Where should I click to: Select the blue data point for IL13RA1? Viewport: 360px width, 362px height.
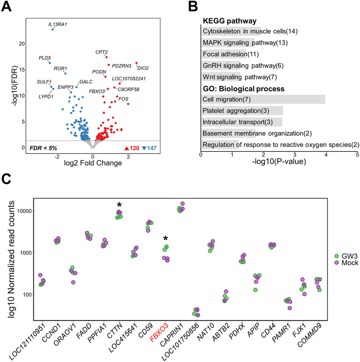click(52, 30)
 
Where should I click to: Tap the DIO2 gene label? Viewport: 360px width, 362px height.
click(143, 67)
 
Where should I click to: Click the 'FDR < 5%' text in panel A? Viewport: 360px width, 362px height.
click(43, 148)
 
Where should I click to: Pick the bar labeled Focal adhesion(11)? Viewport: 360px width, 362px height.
click(224, 54)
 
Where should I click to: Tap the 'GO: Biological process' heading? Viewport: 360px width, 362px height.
click(243, 88)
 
